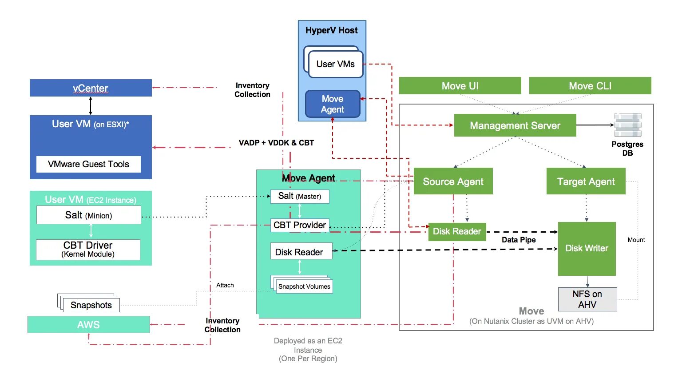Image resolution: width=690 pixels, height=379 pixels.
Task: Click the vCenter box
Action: [x=91, y=88]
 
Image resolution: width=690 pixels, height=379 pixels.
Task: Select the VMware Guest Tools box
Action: [x=88, y=164]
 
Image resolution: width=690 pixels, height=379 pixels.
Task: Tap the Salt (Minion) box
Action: [x=88, y=215]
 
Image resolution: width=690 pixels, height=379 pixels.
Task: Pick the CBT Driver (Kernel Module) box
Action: [x=88, y=250]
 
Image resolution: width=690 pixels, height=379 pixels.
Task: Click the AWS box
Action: [x=88, y=325]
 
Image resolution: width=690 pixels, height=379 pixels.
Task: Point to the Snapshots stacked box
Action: [x=91, y=305]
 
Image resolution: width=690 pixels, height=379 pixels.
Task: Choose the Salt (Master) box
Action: [x=300, y=196]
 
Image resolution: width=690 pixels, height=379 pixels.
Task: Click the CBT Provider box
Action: [x=300, y=225]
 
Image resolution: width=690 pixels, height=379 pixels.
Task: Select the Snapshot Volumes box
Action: [x=304, y=286]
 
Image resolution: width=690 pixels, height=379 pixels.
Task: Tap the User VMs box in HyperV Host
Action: [x=335, y=64]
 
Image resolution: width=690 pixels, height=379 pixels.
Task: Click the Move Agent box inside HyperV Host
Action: [x=332, y=104]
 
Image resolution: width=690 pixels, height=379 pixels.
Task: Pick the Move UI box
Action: [x=460, y=86]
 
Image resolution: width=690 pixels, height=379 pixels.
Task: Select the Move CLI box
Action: [x=590, y=86]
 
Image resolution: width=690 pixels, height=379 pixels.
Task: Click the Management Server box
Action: [x=515, y=125]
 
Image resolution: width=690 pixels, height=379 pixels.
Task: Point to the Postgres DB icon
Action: [x=627, y=125]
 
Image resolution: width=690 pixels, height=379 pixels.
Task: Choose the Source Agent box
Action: [x=453, y=181]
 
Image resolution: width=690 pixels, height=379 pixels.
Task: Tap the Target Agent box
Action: [x=586, y=181]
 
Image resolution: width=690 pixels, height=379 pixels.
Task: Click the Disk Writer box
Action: [x=587, y=248]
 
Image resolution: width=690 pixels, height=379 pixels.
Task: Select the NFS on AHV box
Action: [x=587, y=299]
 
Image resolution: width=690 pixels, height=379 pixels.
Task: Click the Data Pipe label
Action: [x=519, y=240]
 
